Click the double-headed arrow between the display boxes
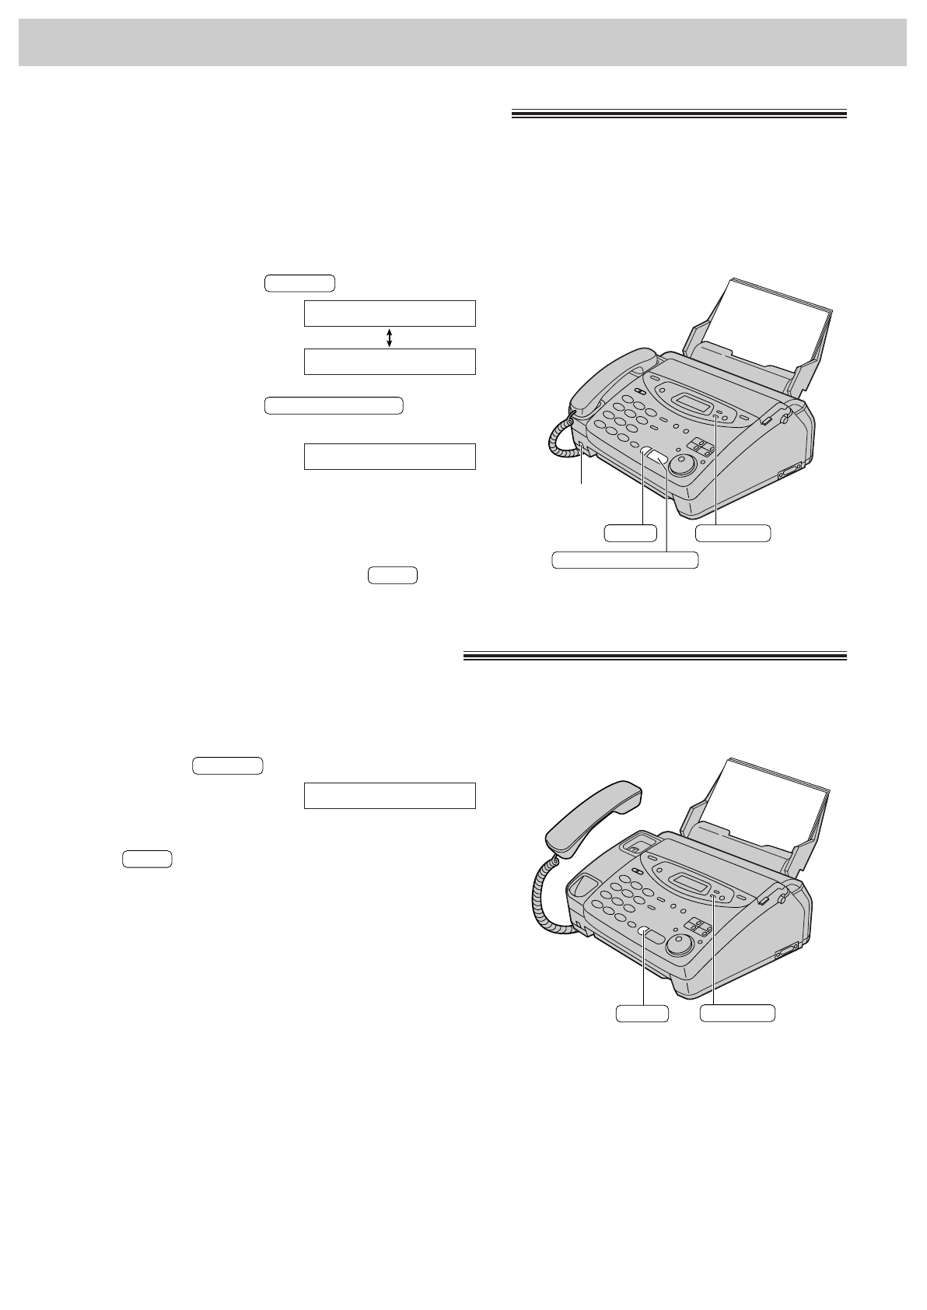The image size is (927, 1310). coord(389,337)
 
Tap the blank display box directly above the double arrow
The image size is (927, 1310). coord(389,313)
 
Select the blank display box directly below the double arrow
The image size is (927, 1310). coord(389,362)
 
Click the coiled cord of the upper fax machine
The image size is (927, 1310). coord(561,440)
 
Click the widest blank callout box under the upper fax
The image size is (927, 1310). coord(624,559)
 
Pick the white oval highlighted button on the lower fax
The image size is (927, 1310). coord(645,932)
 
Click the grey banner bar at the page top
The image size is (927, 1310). coord(463,42)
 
